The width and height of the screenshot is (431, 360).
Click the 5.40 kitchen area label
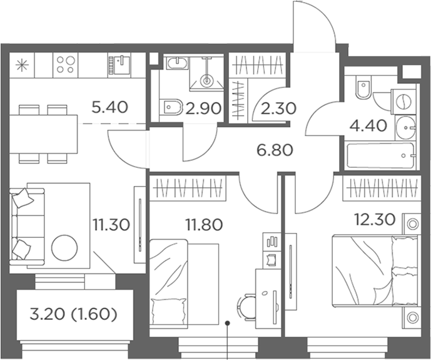(x=110, y=107)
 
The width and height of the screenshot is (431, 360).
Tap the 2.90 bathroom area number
(x=203, y=109)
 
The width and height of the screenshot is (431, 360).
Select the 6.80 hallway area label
(x=275, y=150)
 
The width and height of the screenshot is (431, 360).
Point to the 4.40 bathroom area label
(x=368, y=126)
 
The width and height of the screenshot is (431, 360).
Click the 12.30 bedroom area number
(x=375, y=220)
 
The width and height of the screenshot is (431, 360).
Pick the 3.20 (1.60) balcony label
(x=73, y=315)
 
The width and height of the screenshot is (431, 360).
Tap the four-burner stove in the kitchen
(x=66, y=64)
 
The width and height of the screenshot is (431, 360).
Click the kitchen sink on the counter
(x=120, y=65)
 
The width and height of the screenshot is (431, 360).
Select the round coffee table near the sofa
(x=65, y=247)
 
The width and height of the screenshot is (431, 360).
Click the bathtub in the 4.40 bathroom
(x=380, y=156)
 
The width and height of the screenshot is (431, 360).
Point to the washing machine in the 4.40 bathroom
(x=403, y=101)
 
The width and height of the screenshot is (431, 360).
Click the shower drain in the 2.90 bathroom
(x=206, y=81)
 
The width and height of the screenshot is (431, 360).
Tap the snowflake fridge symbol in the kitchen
(x=22, y=66)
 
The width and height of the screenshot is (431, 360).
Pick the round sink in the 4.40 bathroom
(x=405, y=127)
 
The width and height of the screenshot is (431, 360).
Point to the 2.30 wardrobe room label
(x=278, y=108)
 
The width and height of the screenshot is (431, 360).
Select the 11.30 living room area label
(x=111, y=225)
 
